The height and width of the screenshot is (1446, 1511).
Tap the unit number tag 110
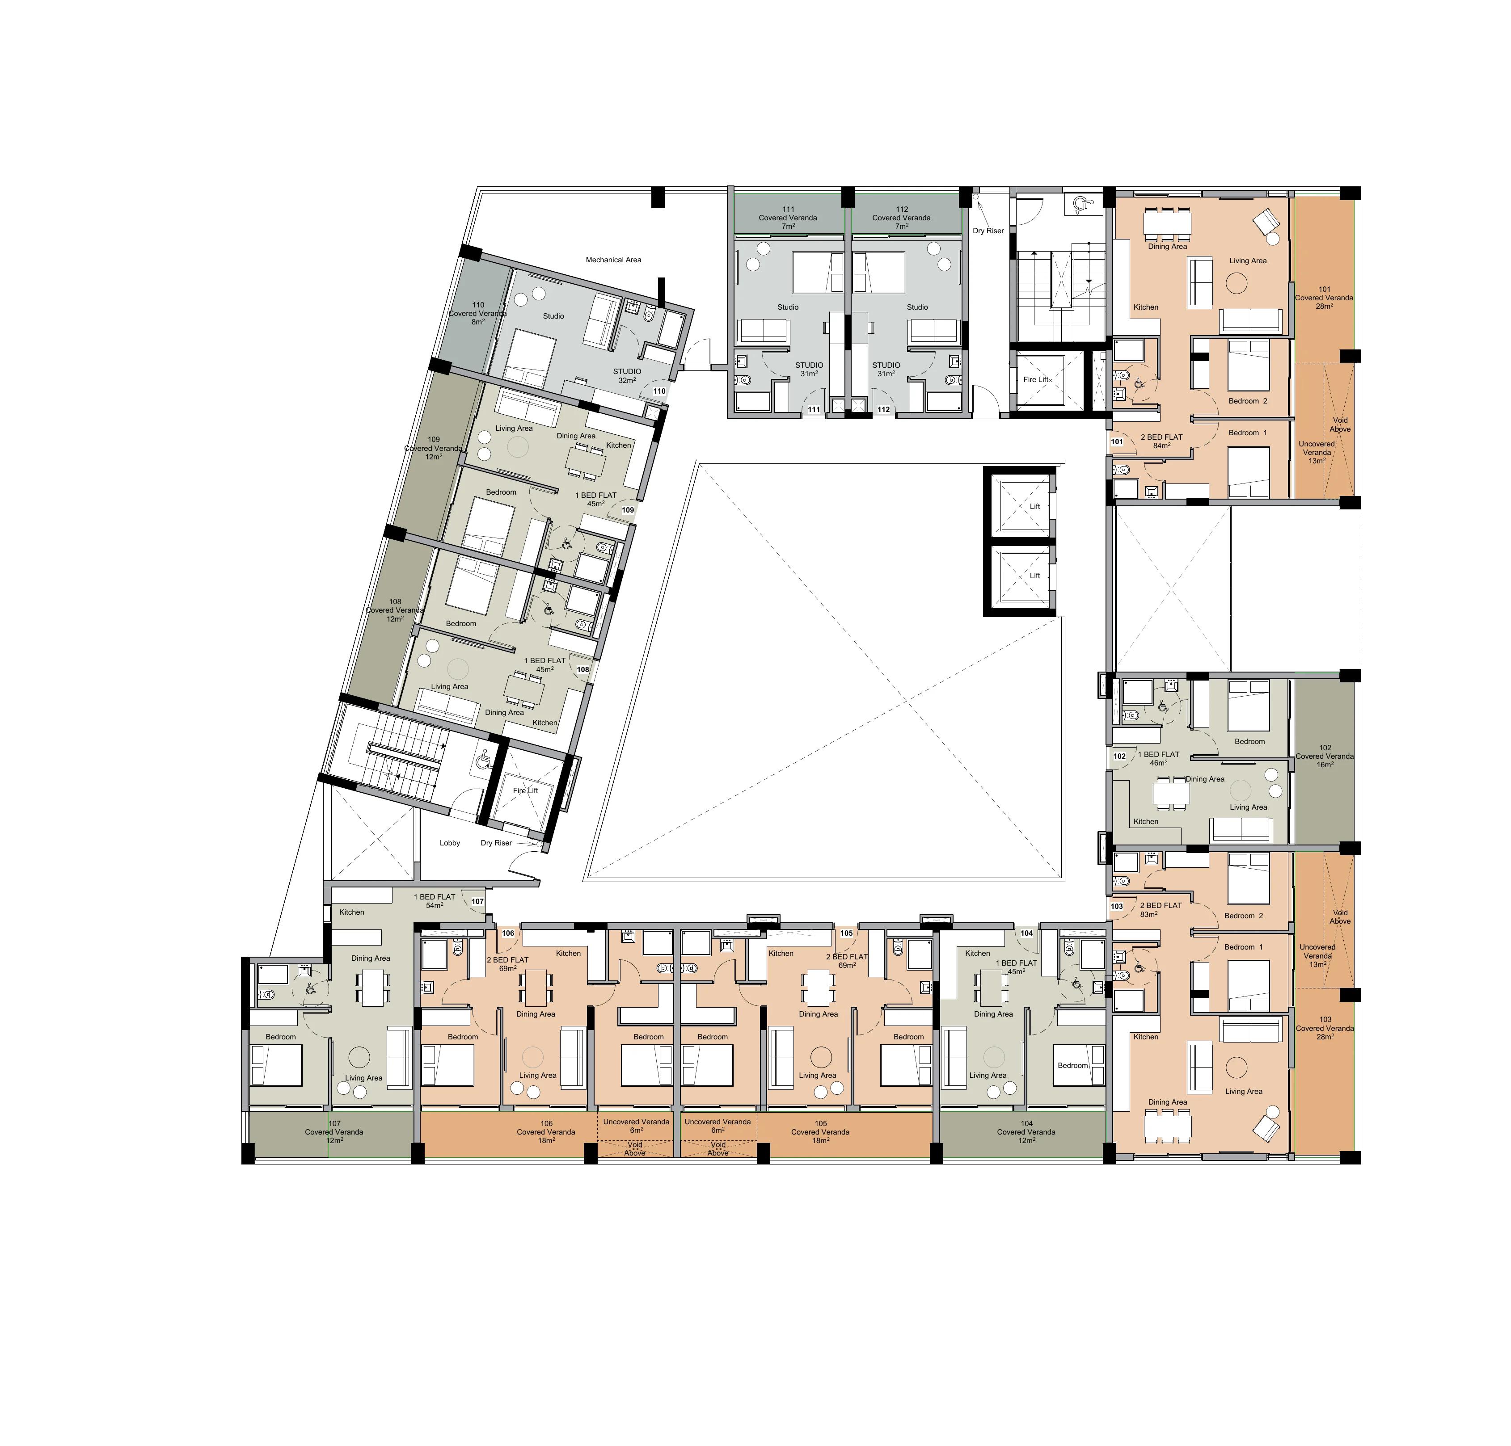659,391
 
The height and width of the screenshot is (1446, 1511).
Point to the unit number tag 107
477,901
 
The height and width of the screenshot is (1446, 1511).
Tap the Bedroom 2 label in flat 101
1247,401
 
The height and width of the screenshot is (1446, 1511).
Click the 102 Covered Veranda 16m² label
1325,756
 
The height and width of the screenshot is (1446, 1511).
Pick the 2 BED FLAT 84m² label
1162,441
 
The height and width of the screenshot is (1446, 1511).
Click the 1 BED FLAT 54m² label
435,901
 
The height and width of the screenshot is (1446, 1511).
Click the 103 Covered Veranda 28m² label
1325,1028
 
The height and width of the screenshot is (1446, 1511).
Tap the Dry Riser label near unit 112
988,231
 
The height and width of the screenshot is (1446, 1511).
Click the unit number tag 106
508,933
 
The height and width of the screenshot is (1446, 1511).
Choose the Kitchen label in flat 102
1146,822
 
